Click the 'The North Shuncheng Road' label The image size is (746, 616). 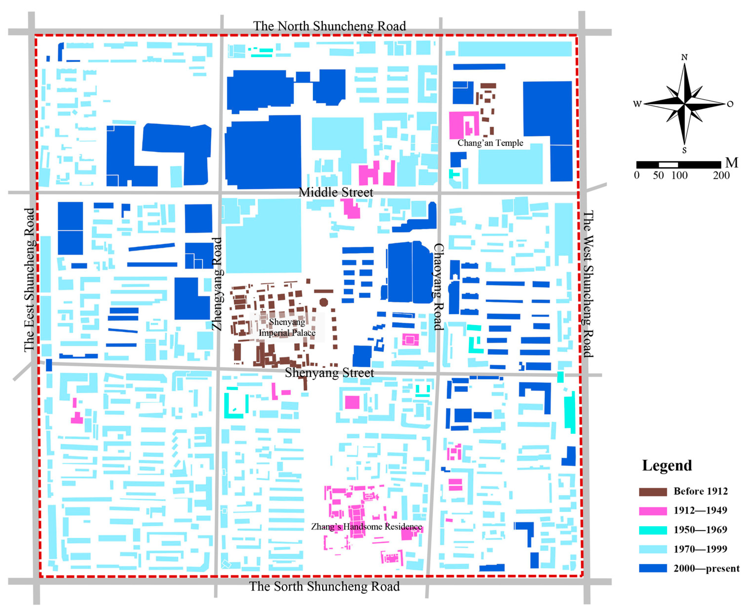[x=329, y=26]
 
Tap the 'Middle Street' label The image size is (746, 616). [x=336, y=192]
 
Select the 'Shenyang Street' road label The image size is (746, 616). [x=329, y=372]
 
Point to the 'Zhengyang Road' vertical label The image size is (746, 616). [x=217, y=284]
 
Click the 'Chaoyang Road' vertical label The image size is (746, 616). [x=439, y=287]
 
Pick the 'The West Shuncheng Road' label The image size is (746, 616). [x=588, y=284]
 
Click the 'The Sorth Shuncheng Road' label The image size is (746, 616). [x=324, y=586]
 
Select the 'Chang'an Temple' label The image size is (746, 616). [x=490, y=143]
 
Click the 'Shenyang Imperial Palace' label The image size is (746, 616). [x=287, y=327]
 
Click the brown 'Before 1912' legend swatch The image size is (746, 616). [x=653, y=492]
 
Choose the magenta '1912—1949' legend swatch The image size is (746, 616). [x=653, y=511]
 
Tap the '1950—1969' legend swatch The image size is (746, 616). [x=653, y=530]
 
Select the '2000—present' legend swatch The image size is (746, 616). [x=653, y=568]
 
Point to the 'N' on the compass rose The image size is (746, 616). [x=684, y=57]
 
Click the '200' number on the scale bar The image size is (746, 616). [x=721, y=175]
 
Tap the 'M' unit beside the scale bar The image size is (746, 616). [x=731, y=163]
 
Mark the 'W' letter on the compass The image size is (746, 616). [x=637, y=104]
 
